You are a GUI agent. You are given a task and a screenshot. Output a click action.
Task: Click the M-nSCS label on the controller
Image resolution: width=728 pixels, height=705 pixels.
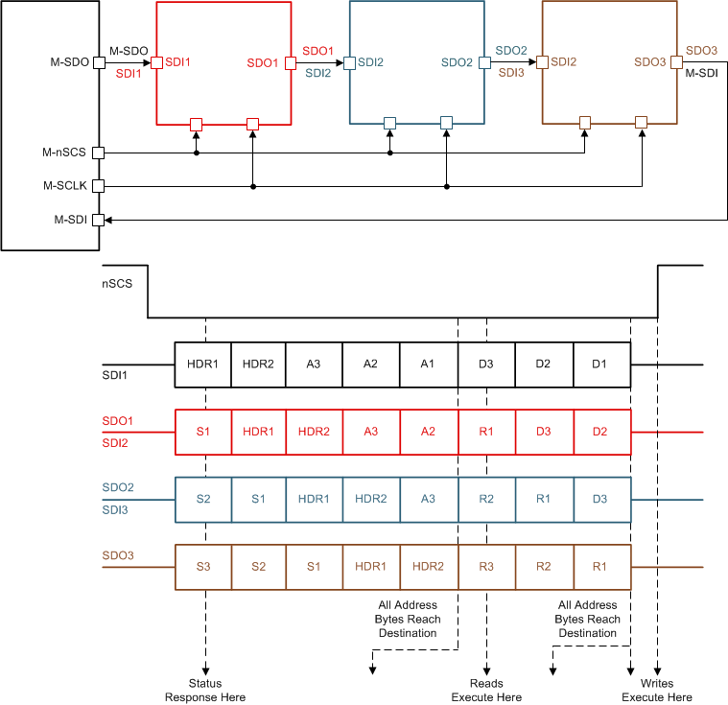pyautogui.click(x=64, y=153)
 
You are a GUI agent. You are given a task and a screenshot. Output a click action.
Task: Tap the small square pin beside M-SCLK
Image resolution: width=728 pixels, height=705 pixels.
pyautogui.click(x=97, y=186)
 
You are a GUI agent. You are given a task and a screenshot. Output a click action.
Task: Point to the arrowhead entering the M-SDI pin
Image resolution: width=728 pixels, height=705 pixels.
pyautogui.click(x=107, y=220)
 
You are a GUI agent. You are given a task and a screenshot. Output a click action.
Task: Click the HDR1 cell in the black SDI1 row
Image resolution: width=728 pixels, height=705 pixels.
pyautogui.click(x=203, y=364)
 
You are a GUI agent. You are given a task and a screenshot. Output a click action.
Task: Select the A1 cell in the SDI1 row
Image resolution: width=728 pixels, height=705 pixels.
pyautogui.click(x=429, y=364)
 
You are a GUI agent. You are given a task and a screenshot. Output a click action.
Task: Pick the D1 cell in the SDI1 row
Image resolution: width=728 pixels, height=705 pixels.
pyautogui.click(x=601, y=364)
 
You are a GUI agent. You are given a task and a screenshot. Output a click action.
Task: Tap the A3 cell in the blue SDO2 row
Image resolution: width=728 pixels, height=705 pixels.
pyautogui.click(x=429, y=500)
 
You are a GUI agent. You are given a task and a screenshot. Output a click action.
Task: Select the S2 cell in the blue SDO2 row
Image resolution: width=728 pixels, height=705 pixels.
pyautogui.click(x=203, y=500)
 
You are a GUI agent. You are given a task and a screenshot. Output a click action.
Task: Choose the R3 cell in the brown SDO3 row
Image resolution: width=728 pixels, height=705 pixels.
pyautogui.click(x=486, y=567)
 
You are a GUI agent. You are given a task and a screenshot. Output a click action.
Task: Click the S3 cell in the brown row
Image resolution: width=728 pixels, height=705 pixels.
pyautogui.click(x=203, y=567)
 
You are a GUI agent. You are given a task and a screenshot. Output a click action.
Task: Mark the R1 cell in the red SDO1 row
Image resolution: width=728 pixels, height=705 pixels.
pyautogui.click(x=486, y=432)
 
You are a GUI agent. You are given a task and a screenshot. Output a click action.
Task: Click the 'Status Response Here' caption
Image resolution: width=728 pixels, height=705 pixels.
pyautogui.click(x=205, y=691)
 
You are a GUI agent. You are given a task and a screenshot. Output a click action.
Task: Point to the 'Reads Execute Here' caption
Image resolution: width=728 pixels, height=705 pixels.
pyautogui.click(x=487, y=691)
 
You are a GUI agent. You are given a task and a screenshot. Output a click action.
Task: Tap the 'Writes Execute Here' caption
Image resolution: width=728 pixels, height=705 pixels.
pyautogui.click(x=657, y=691)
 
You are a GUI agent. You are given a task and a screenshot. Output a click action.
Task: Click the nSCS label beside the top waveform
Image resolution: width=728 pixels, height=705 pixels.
pyautogui.click(x=116, y=284)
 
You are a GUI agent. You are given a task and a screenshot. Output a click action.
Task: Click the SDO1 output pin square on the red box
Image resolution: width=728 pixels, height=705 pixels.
pyautogui.click(x=291, y=62)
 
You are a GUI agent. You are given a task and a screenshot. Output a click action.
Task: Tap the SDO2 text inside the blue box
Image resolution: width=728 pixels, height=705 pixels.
pyautogui.click(x=457, y=62)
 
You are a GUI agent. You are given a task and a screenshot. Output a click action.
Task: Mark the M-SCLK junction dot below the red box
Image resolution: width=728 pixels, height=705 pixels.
pyautogui.click(x=253, y=186)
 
